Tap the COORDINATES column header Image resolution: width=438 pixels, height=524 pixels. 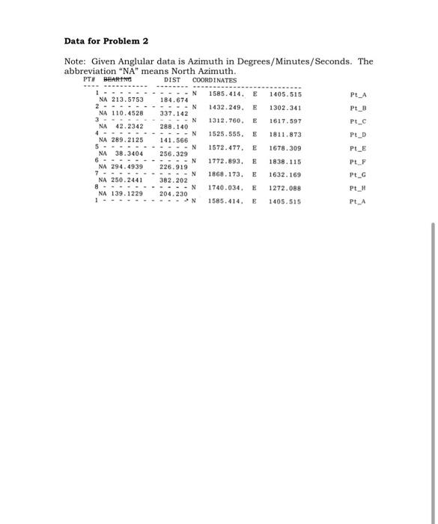pyautogui.click(x=215, y=80)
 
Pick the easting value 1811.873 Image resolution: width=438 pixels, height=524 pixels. pyautogui.click(x=285, y=134)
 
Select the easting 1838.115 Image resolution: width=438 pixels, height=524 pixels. pyautogui.click(x=285, y=161)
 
